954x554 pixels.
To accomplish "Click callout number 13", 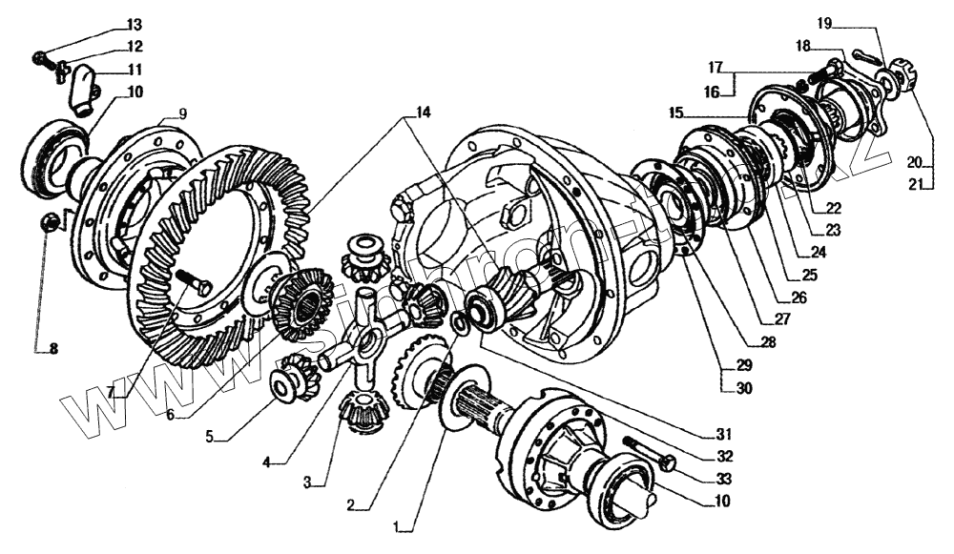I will coord(133,24).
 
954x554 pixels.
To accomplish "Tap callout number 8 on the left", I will coord(53,349).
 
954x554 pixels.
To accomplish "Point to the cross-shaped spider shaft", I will coord(364,335).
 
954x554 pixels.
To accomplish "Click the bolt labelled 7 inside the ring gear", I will coord(196,281).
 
